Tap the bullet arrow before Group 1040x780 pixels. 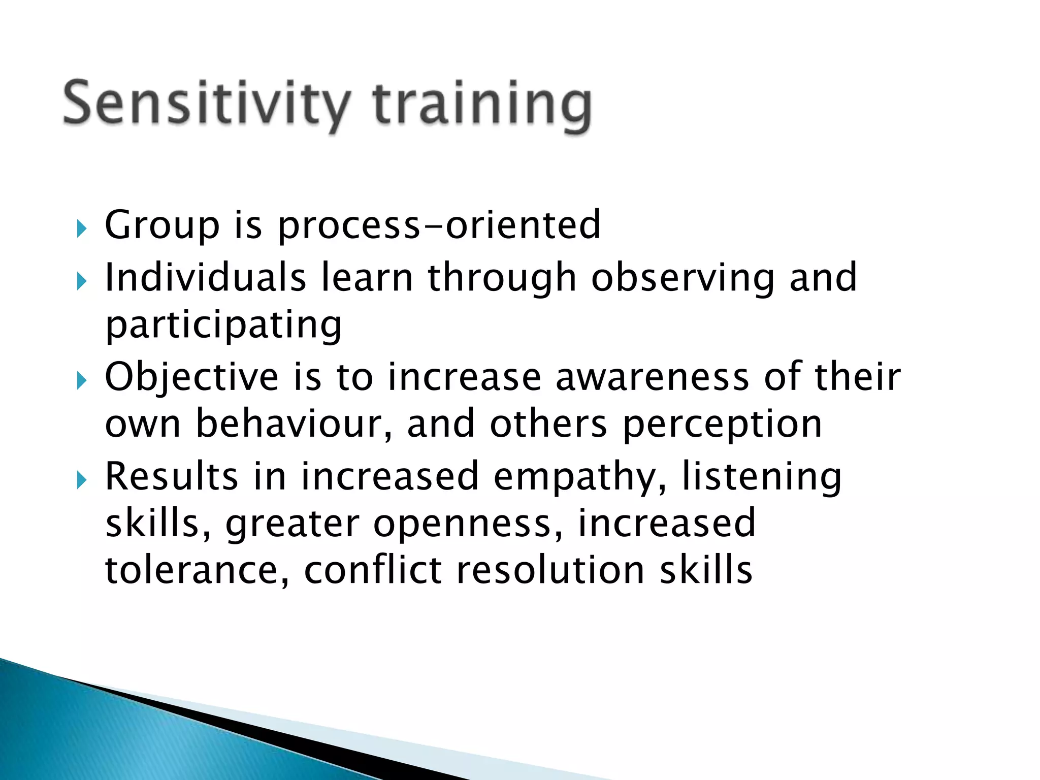[81, 230]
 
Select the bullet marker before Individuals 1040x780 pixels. [81, 281]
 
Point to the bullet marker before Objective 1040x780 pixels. [81, 381]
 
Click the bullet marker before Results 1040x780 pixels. [81, 480]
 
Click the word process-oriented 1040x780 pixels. [439, 226]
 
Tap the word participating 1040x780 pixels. [223, 326]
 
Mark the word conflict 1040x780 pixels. [373, 571]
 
